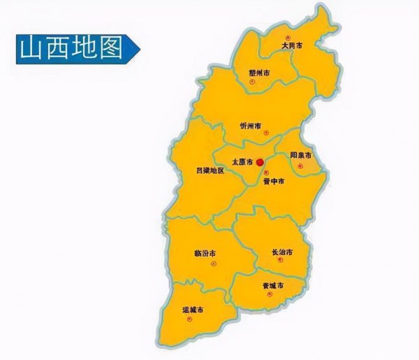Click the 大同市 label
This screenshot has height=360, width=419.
tap(292, 46)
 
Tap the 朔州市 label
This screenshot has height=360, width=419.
tap(259, 73)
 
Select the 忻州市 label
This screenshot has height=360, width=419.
tap(250, 127)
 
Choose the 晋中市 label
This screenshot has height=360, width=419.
tap(273, 181)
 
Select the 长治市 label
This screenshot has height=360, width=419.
tap(281, 252)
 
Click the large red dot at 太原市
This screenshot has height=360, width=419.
tap(259, 162)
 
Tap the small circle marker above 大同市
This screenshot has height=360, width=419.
tap(287, 37)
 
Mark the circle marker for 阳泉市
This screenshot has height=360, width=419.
tap(301, 166)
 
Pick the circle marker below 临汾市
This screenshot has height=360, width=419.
tap(214, 264)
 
